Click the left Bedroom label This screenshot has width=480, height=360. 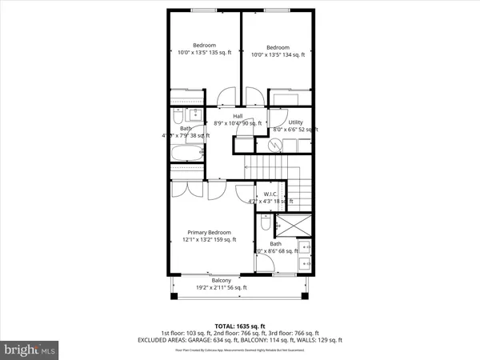pyautogui.click(x=205, y=46)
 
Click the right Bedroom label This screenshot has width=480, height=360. pyautogui.click(x=278, y=46)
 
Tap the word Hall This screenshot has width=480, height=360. pyautogui.click(x=238, y=116)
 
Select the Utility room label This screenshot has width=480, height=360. pyautogui.click(x=295, y=122)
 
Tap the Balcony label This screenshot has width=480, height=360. pyautogui.click(x=222, y=280)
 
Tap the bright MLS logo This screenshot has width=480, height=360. pyautogui.click(x=30, y=349)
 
